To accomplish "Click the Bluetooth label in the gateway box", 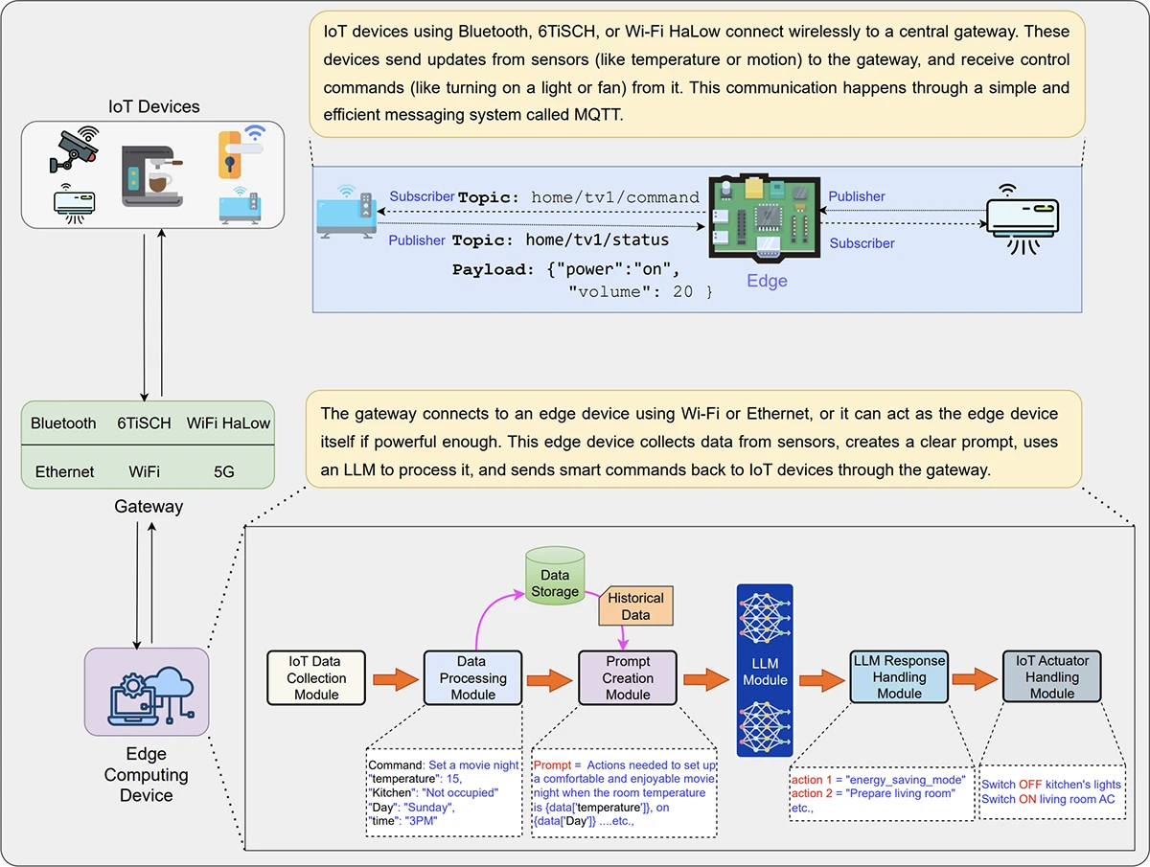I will (63, 422).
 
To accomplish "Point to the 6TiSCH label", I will (144, 422).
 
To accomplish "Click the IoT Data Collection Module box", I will (317, 677).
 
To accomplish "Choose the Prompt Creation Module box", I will (628, 677).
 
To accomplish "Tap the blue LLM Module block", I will (765, 671).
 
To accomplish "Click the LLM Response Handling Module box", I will (899, 677).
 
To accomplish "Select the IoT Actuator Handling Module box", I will (1051, 677).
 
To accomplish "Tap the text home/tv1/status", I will (600, 239).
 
